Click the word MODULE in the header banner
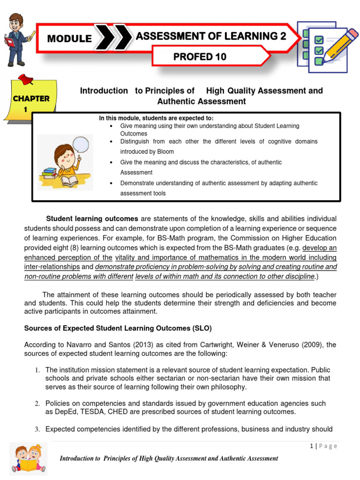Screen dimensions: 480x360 tap(69, 39)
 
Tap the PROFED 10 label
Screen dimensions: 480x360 tap(200, 57)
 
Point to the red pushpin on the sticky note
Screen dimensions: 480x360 tap(24, 80)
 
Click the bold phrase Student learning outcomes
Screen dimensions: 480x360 tap(92, 219)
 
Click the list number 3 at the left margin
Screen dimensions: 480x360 tap(37, 429)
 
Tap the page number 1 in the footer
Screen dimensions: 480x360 tap(311, 446)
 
